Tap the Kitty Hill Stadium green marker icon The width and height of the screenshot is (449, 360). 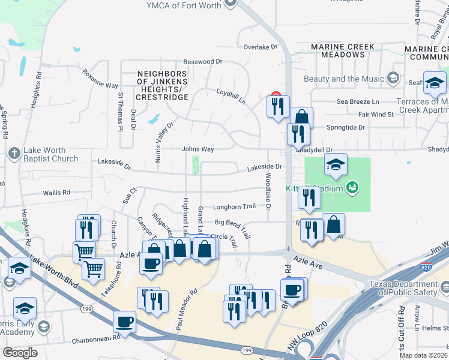tap(354, 188)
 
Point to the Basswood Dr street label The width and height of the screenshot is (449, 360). tap(203, 61)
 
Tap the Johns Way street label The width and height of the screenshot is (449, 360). tap(197, 149)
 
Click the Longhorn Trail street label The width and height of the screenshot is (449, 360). tap(234, 206)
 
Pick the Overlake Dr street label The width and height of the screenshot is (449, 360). tap(261, 46)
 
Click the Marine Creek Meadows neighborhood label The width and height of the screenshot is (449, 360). tap(343, 50)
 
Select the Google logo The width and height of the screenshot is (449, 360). tap(20, 352)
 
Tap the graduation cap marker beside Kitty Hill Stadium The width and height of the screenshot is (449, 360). tap(336, 164)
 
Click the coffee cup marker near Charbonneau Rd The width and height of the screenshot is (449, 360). tap(125, 322)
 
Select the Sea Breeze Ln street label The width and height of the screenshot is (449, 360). tap(358, 102)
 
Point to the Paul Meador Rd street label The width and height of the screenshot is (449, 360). tap(186, 310)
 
